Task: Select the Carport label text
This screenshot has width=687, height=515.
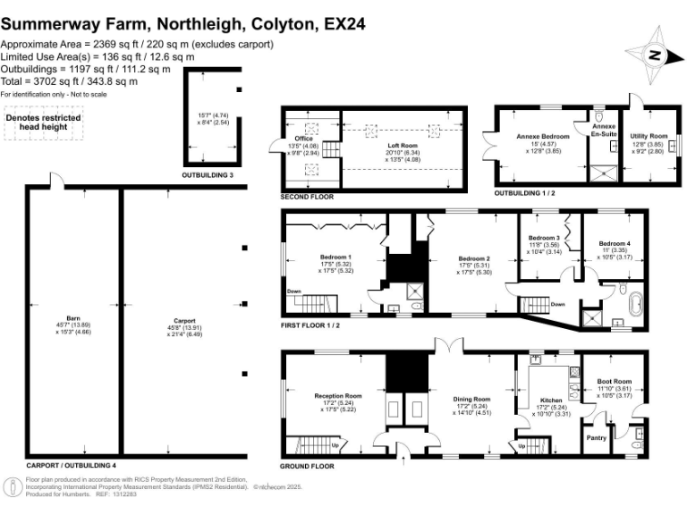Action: click(x=185, y=319)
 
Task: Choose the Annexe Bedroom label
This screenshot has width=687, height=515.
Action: click(x=539, y=136)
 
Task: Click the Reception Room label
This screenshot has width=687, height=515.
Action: click(x=337, y=395)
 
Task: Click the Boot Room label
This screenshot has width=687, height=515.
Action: click(x=615, y=382)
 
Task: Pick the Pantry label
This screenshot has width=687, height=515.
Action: click(x=596, y=438)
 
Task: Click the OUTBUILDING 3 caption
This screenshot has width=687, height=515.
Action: click(x=208, y=175)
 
